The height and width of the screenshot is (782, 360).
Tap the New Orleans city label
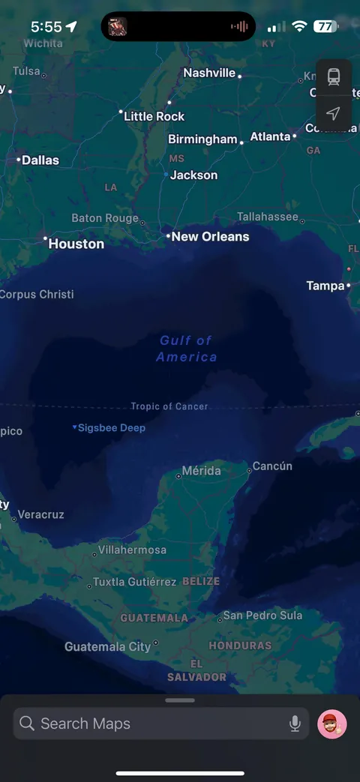pyautogui.click(x=210, y=236)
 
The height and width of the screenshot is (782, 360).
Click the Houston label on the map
pyautogui.click(x=76, y=244)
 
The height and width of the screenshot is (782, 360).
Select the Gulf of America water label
pyautogui.click(x=186, y=349)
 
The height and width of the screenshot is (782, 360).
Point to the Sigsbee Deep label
pyautogui.click(x=111, y=428)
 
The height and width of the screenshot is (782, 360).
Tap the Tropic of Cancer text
pyautogui.click(x=169, y=406)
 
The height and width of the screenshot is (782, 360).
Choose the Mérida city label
pyautogui.click(x=201, y=471)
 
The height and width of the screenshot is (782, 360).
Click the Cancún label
pyautogui.click(x=271, y=466)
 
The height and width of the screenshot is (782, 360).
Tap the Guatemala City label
pyautogui.click(x=107, y=646)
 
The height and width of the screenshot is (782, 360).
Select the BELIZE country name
pyautogui.click(x=201, y=582)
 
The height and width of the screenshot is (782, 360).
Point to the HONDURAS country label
pyautogui.click(x=240, y=646)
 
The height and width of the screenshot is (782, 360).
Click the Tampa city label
pyautogui.click(x=325, y=286)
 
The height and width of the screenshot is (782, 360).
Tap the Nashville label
pyautogui.click(x=209, y=73)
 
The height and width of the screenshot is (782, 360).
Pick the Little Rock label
pyautogui.click(x=154, y=116)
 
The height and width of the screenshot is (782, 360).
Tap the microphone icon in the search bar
pyautogui.click(x=295, y=724)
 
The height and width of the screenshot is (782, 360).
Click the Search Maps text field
pyautogui.click(x=150, y=724)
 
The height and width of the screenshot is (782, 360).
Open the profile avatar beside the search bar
pyautogui.click(x=331, y=724)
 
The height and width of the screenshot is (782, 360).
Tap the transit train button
pyautogui.click(x=334, y=76)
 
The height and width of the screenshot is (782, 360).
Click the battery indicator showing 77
pyautogui.click(x=325, y=26)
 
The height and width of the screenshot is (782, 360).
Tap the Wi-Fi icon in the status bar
pyautogui.click(x=299, y=26)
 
